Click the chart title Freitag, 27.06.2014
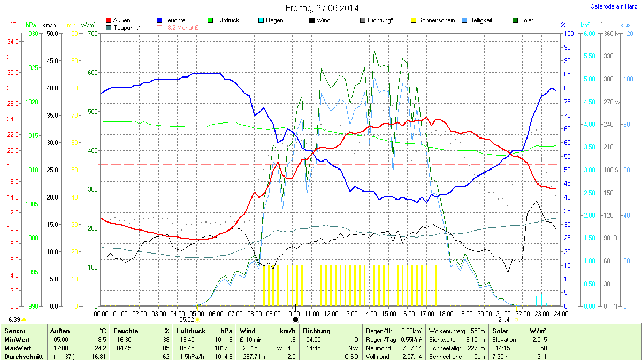(322, 8)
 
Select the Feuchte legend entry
(174, 20)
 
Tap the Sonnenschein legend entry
(436, 20)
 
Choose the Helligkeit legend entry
(480, 20)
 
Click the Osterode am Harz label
(610, 6)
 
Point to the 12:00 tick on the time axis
(331, 313)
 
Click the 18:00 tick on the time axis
(446, 313)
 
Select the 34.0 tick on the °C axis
(13, 42)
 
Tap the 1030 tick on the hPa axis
(32, 34)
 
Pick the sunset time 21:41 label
(505, 320)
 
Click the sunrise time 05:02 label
(187, 320)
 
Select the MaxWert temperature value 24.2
(101, 348)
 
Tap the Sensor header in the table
(14, 331)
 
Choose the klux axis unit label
(625, 25)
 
